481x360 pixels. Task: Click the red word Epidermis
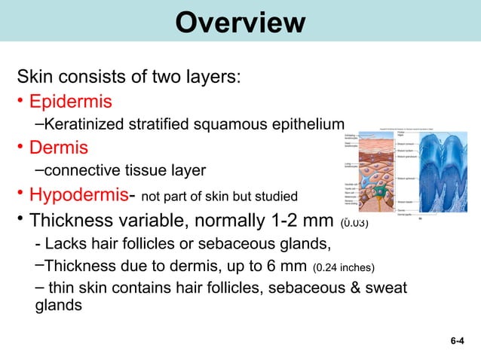[x=70, y=101]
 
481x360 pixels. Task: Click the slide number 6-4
[x=457, y=341]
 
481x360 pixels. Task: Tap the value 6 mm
[x=286, y=266]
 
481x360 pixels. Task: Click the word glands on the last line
[x=60, y=307]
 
